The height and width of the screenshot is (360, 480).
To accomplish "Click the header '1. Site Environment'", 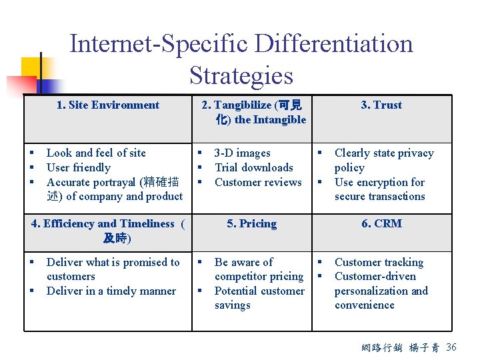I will [107, 105].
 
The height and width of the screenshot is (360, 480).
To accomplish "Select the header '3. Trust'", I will [381, 105].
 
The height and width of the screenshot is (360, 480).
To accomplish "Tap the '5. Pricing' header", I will [251, 223].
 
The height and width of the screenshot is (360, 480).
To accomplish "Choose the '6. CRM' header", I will [381, 223].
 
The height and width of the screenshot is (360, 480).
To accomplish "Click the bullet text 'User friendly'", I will [79, 167].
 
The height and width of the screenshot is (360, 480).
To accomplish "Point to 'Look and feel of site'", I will [96, 153].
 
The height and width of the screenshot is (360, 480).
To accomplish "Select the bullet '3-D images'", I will [243, 153].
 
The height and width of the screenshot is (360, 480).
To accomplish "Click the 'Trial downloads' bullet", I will [254, 167].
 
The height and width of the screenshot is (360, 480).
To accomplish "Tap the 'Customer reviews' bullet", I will [258, 182].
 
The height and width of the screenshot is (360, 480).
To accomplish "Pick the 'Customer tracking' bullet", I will [379, 262].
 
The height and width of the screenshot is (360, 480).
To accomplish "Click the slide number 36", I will [451, 347].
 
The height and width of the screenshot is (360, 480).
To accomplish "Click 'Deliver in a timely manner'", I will [111, 291].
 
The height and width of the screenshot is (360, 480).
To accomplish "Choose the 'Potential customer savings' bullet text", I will [259, 298].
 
